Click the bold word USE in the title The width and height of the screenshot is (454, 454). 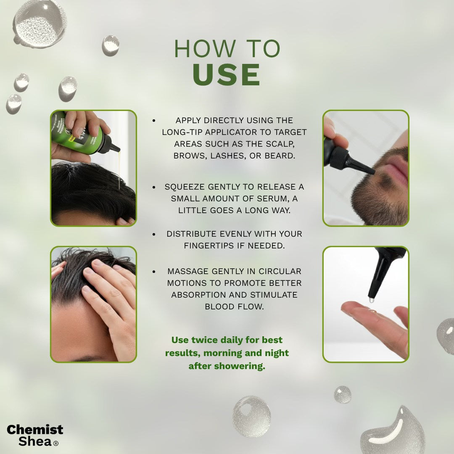tap(227, 74)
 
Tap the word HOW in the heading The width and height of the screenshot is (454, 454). tap(205, 48)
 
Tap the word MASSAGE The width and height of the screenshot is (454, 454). tap(188, 271)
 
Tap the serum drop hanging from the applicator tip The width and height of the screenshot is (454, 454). tap(372, 300)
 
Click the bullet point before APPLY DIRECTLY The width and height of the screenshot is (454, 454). tap(154, 121)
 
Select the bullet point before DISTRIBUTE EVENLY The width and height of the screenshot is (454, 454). tap(154, 234)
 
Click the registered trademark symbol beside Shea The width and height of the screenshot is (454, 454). tap(56, 443)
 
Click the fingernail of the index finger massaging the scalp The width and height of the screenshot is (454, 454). tap(88, 271)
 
